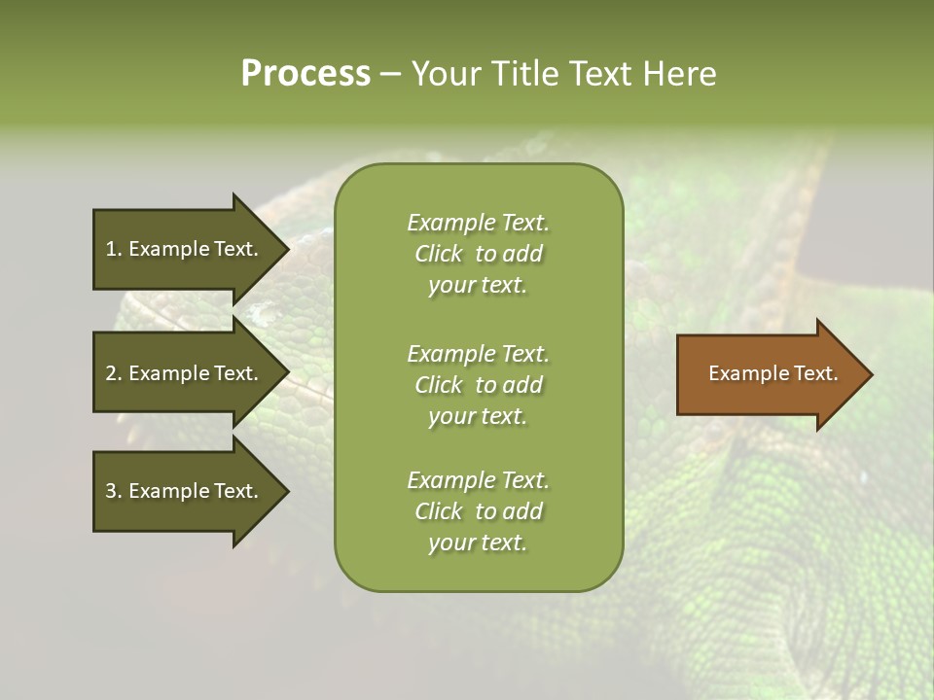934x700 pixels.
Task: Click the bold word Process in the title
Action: coord(305,74)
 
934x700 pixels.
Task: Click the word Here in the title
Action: coord(679,74)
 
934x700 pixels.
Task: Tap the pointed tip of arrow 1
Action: coord(286,249)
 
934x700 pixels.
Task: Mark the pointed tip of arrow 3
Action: coord(286,491)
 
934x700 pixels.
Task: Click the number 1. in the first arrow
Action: coord(114,249)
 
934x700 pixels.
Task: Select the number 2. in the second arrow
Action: coord(114,373)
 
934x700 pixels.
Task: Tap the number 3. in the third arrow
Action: coord(114,491)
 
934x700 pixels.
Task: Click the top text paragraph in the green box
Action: coord(478,254)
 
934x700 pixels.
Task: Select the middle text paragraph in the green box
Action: coord(478,385)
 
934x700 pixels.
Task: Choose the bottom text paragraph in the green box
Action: coord(478,511)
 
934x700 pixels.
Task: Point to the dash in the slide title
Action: coord(390,75)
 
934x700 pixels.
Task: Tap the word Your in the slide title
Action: coord(443,74)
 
